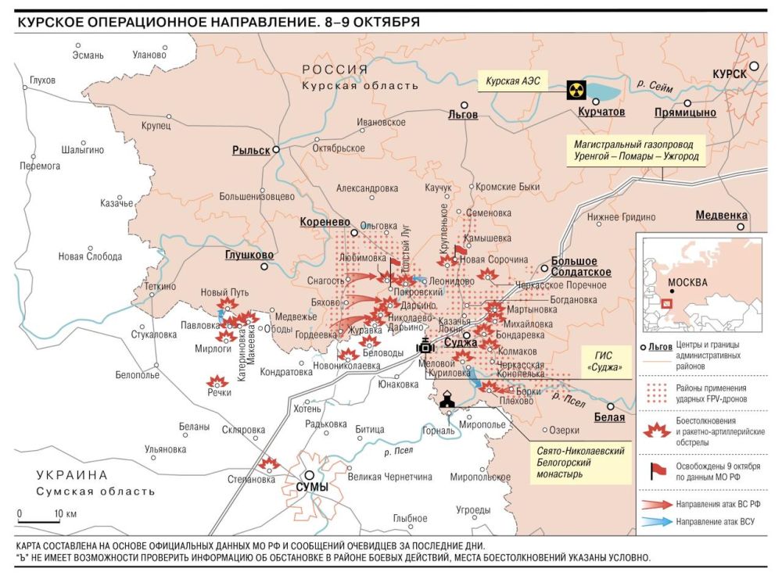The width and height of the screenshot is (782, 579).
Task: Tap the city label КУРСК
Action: point(728,73)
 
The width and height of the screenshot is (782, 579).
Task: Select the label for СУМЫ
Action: point(311,487)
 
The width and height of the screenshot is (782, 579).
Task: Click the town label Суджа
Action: point(461,341)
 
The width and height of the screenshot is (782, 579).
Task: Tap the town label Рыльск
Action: point(251,150)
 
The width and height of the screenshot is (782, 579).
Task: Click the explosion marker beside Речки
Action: point(217,381)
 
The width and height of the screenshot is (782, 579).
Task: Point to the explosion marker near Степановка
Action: point(269,463)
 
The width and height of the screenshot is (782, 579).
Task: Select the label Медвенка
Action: point(721,216)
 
